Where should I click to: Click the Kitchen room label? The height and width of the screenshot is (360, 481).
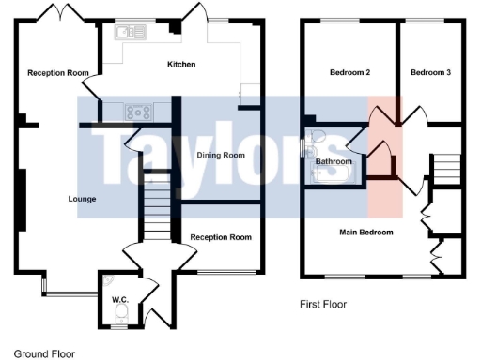tap(181, 64)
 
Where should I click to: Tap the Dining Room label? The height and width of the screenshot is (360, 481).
tap(221, 155)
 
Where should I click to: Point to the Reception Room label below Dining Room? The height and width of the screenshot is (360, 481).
tap(221, 237)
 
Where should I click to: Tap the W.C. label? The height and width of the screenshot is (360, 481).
tap(119, 300)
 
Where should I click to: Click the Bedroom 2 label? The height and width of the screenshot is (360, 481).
tap(349, 72)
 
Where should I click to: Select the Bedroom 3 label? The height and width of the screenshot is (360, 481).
tap(430, 72)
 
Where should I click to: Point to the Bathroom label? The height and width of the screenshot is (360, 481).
tap(334, 162)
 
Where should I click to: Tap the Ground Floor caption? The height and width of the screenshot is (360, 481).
tap(44, 353)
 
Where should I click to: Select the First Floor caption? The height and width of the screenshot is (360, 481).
tap(324, 305)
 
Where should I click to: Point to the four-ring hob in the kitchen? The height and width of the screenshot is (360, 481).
tap(139, 112)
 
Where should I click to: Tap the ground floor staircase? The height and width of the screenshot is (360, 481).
tap(156, 211)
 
